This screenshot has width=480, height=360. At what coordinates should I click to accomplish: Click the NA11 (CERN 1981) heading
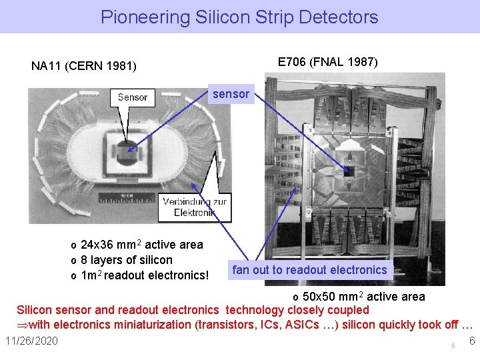click(84, 66)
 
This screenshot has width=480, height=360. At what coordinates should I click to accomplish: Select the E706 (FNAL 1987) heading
click(327, 62)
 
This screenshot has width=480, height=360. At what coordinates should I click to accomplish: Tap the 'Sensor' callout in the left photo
click(133, 97)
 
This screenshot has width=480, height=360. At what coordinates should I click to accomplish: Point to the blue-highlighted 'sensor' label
click(231, 94)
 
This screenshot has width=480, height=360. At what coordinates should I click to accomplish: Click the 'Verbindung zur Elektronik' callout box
click(194, 207)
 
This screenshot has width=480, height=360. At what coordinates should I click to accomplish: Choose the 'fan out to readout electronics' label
click(309, 270)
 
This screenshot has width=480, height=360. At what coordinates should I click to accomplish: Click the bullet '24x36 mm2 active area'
click(141, 245)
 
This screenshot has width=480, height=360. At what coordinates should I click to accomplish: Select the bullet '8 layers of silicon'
click(126, 260)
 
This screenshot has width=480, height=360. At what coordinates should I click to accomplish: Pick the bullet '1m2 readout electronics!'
click(145, 275)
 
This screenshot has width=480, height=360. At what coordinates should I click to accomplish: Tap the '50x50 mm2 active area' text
click(363, 296)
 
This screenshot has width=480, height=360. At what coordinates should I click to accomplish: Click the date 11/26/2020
click(31, 341)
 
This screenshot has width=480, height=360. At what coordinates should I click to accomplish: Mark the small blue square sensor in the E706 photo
click(346, 171)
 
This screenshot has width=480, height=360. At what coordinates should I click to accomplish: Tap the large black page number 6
click(471, 341)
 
